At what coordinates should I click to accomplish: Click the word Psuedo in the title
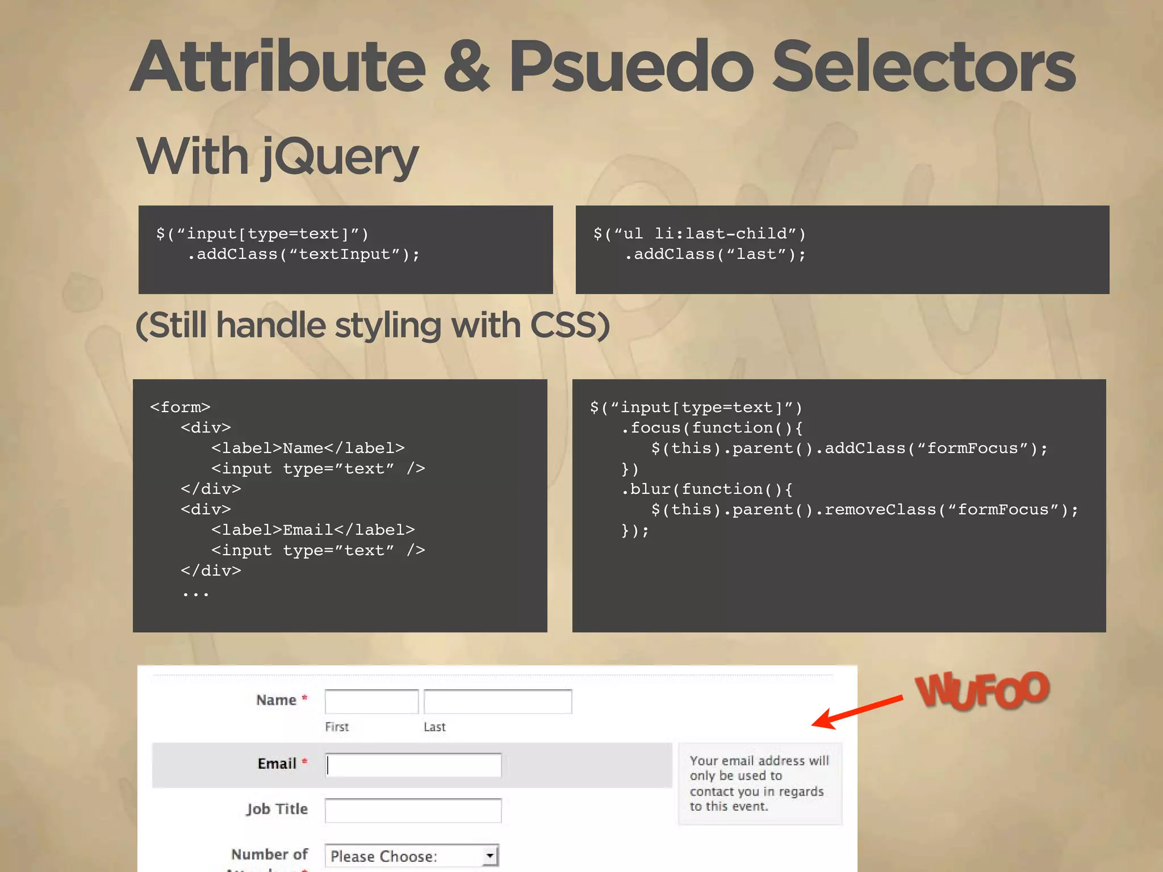(630, 67)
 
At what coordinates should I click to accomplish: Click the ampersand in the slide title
(466, 67)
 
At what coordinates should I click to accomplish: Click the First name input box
(371, 702)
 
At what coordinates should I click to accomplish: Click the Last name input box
(497, 702)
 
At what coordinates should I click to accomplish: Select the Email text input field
(413, 765)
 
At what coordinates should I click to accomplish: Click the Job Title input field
(413, 810)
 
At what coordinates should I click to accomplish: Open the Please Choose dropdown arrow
(490, 855)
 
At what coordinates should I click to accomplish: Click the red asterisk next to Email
(304, 761)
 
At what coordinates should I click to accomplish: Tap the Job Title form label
(277, 809)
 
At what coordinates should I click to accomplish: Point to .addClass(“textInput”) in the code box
(303, 254)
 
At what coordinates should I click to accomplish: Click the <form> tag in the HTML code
(180, 407)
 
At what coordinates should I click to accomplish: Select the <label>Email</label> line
(313, 530)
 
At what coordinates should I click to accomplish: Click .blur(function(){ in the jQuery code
(707, 489)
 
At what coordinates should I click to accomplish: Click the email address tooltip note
(759, 783)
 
